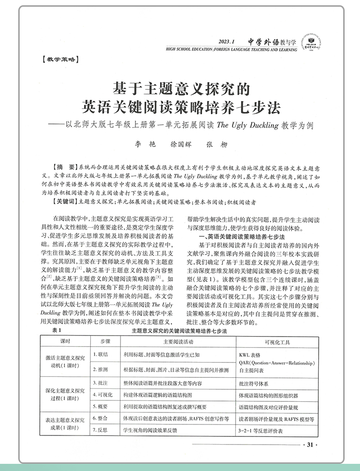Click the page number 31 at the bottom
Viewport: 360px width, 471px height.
pyautogui.click(x=309, y=445)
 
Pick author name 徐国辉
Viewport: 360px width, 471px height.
pyautogui.click(x=181, y=144)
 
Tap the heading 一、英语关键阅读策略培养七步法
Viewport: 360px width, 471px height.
pyautogui.click(x=239, y=237)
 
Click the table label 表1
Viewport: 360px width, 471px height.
pyautogui.click(x=57, y=332)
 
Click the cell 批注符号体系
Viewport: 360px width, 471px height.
pyautogui.click(x=256, y=384)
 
